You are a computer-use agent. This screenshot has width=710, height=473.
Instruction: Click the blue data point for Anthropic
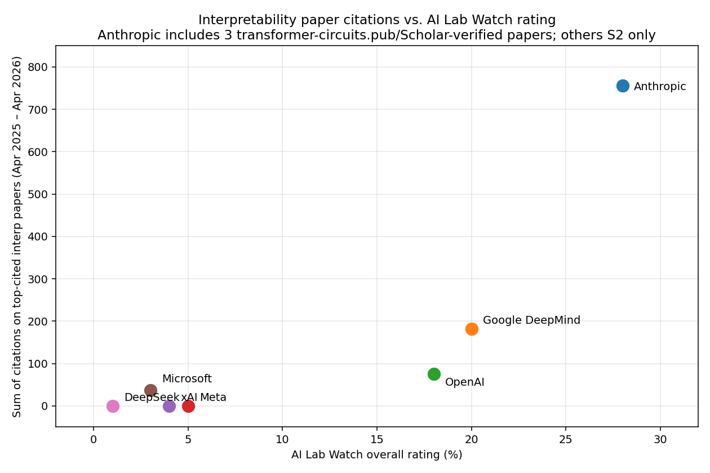click(x=623, y=86)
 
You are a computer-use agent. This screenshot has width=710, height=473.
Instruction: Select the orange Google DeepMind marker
click(x=472, y=329)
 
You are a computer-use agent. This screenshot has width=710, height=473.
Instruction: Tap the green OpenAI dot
click(x=434, y=374)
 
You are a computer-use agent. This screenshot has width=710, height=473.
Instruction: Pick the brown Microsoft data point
click(x=150, y=390)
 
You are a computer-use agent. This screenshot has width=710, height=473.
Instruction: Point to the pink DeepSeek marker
click(x=113, y=406)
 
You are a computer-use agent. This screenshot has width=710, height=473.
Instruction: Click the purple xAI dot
click(x=169, y=406)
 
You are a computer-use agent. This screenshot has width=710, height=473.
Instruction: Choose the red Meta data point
click(x=188, y=406)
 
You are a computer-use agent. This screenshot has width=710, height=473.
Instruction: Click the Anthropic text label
click(x=660, y=87)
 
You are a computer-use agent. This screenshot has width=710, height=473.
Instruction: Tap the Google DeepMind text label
click(x=531, y=320)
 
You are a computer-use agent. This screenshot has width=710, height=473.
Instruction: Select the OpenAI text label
click(x=464, y=382)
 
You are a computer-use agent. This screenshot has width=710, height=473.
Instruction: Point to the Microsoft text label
click(x=187, y=379)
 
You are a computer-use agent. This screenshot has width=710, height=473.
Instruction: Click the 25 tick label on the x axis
click(x=566, y=439)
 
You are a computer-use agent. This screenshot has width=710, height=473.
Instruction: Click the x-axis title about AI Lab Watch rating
click(x=376, y=455)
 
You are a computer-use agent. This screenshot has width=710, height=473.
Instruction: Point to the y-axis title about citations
click(x=17, y=236)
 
